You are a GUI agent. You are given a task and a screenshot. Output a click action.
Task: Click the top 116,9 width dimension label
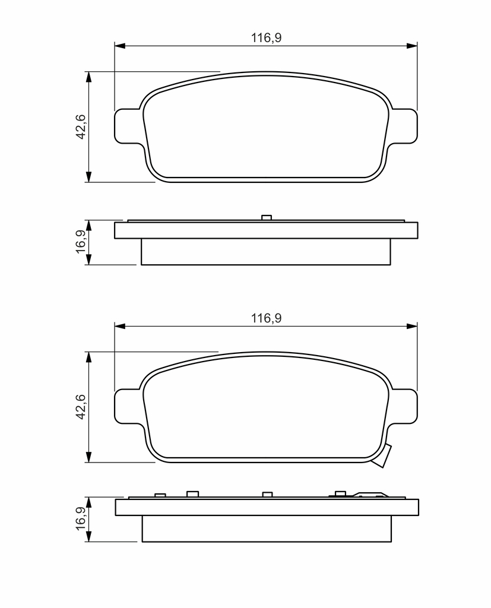(x=266, y=38)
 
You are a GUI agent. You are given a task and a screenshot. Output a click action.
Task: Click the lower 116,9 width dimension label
(x=266, y=318)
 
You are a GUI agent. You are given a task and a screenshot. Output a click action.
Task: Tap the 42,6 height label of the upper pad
(x=81, y=127)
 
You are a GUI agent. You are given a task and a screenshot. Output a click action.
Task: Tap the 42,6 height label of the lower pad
(x=81, y=407)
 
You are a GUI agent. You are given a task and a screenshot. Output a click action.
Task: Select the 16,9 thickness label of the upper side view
(x=81, y=242)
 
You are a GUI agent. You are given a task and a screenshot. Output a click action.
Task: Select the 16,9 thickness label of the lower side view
(x=81, y=518)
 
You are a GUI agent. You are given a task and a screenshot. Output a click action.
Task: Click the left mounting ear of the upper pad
(x=127, y=126)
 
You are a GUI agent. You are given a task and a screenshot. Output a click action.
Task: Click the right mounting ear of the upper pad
(x=405, y=126)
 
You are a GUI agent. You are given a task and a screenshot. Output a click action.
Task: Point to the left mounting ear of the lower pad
(x=127, y=406)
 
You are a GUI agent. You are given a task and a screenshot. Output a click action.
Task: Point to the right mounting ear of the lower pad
(x=405, y=406)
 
